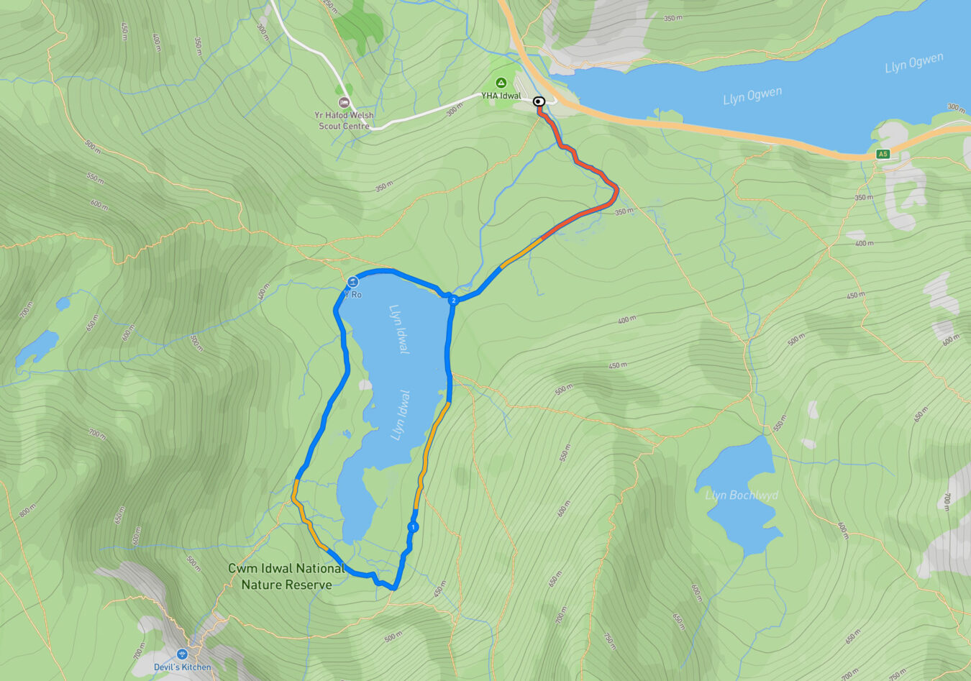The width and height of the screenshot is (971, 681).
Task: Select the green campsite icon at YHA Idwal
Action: tap(501, 83)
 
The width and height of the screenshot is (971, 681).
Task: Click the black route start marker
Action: tap(539, 102)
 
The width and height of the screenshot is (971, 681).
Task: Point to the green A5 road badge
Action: tap(883, 154)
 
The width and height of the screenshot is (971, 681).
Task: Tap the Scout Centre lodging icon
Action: tap(344, 103)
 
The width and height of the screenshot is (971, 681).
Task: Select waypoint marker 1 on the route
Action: tap(412, 527)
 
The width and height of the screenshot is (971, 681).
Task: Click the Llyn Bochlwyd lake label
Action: tap(741, 495)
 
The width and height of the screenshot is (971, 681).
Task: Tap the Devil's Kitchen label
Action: tap(183, 667)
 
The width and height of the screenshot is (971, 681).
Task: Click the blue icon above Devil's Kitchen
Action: tap(182, 654)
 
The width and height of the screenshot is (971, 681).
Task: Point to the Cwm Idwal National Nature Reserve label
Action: tap(286, 577)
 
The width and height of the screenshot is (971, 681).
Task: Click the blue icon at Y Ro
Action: tap(352, 282)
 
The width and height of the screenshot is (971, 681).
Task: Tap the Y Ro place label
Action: tap(352, 294)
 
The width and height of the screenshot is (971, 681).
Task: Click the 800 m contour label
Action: tap(27, 511)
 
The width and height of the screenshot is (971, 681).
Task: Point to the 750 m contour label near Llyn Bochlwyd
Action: tap(608, 639)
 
